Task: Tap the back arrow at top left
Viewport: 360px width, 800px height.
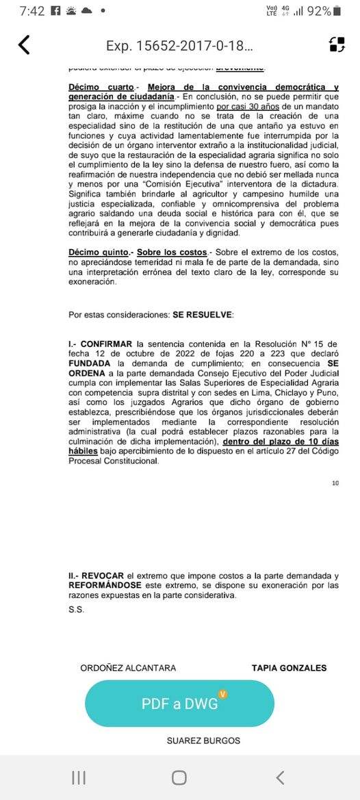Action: [x=24, y=45]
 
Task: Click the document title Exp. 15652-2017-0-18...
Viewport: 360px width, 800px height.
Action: [x=179, y=46]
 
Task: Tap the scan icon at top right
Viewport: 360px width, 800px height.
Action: [x=337, y=45]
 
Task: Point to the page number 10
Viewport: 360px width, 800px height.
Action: [x=335, y=483]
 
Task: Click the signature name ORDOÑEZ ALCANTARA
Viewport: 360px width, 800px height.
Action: [x=128, y=668]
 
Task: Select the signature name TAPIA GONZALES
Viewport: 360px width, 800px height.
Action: [x=289, y=668]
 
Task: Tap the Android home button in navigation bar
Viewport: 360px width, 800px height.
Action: [x=179, y=777]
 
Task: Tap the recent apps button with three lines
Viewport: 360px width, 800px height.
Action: [x=79, y=777]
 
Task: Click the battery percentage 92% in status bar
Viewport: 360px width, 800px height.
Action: [x=319, y=11]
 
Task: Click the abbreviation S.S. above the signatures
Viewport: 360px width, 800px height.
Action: [x=75, y=610]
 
